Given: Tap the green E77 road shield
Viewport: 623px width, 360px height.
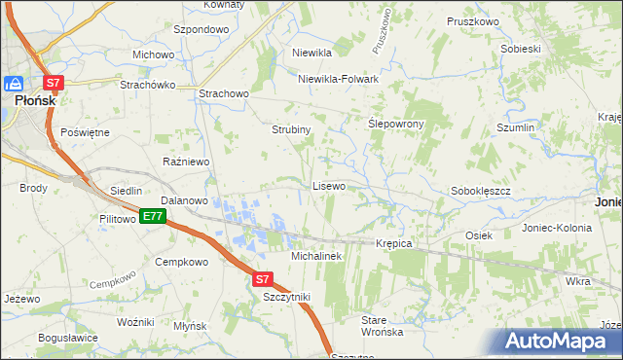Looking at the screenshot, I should click(x=151, y=216).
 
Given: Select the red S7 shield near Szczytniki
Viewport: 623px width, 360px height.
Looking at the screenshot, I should click(x=262, y=279).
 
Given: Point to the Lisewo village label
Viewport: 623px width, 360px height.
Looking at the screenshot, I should click(x=328, y=185).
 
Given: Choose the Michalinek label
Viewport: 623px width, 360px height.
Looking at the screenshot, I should click(x=314, y=255).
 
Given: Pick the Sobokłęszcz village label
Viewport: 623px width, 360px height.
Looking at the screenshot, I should click(x=481, y=191).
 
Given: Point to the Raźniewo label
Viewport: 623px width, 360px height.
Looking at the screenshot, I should click(x=185, y=161).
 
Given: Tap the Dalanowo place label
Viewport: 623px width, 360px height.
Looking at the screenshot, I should click(x=185, y=200).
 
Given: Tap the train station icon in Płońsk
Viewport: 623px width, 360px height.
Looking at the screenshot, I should click(x=16, y=84).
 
